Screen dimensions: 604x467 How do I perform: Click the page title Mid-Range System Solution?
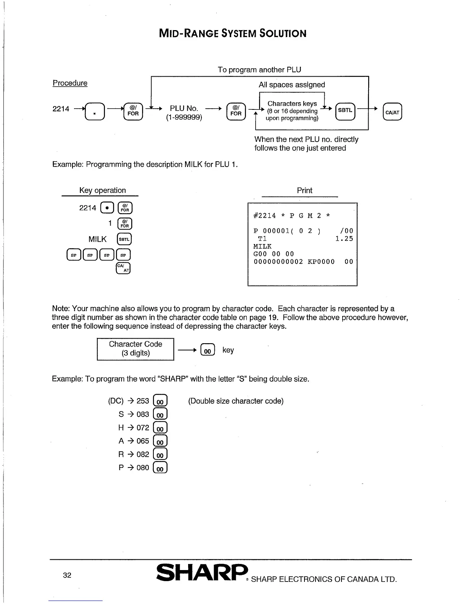232,34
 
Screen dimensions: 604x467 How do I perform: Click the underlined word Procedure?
70,83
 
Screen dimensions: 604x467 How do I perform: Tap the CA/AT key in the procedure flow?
392,112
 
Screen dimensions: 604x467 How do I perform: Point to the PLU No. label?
184,109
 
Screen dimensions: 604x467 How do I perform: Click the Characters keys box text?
292,111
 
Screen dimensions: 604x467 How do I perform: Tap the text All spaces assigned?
292,85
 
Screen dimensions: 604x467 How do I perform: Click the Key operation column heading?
102,190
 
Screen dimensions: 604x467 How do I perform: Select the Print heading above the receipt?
304,190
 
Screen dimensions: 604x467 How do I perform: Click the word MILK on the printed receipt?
262,246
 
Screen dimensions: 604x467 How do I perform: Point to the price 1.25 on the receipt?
344,239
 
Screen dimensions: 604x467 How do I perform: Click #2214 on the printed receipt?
265,216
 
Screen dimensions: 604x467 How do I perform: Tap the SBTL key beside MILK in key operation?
124,239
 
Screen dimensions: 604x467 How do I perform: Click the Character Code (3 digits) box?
135,349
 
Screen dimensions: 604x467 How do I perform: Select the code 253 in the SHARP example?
143,401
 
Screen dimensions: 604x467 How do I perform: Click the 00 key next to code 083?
160,415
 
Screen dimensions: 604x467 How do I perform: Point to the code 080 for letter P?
143,467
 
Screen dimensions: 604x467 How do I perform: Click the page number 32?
67,575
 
